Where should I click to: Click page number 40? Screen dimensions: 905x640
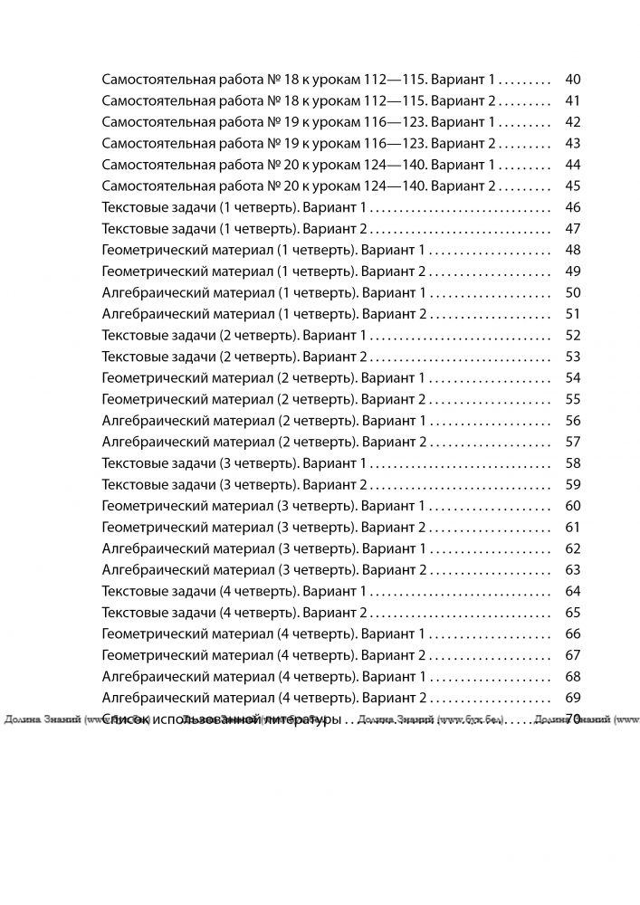(571, 80)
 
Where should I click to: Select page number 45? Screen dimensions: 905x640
(571, 186)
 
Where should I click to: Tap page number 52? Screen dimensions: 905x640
(571, 335)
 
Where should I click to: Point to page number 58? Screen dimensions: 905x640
(571, 463)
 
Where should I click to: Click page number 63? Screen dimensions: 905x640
(571, 570)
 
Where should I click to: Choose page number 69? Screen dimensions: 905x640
(571, 698)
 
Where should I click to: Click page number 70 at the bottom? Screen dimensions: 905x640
(571, 719)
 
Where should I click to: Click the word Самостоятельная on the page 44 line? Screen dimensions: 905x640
(153, 165)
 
